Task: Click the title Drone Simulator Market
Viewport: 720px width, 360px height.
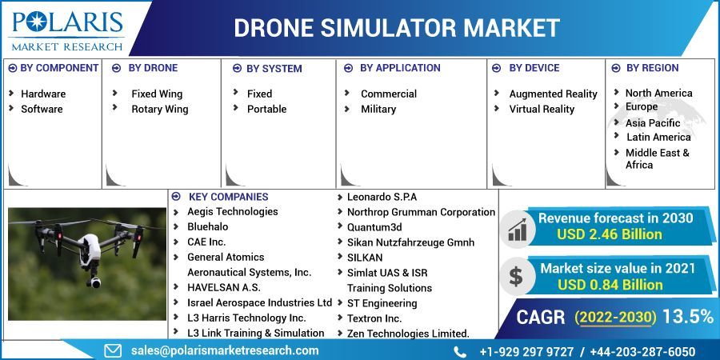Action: pos(396,28)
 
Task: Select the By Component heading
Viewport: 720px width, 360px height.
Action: pos(58,68)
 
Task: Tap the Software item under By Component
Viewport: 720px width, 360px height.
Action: pos(42,109)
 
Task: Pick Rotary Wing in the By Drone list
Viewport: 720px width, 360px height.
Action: pos(159,109)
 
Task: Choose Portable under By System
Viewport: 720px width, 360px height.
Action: pos(266,109)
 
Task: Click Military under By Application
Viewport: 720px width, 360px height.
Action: pos(378,109)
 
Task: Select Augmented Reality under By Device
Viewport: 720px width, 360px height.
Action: pos(553,94)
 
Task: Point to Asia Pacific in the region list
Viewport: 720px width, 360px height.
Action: pos(653,122)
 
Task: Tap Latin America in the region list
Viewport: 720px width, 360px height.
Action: pos(658,137)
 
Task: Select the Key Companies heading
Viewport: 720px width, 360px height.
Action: pos(228,197)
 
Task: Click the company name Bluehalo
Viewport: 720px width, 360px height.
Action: pos(207,226)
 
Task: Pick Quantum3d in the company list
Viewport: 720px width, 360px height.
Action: pos(374,227)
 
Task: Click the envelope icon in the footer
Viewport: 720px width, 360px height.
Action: pos(113,350)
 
